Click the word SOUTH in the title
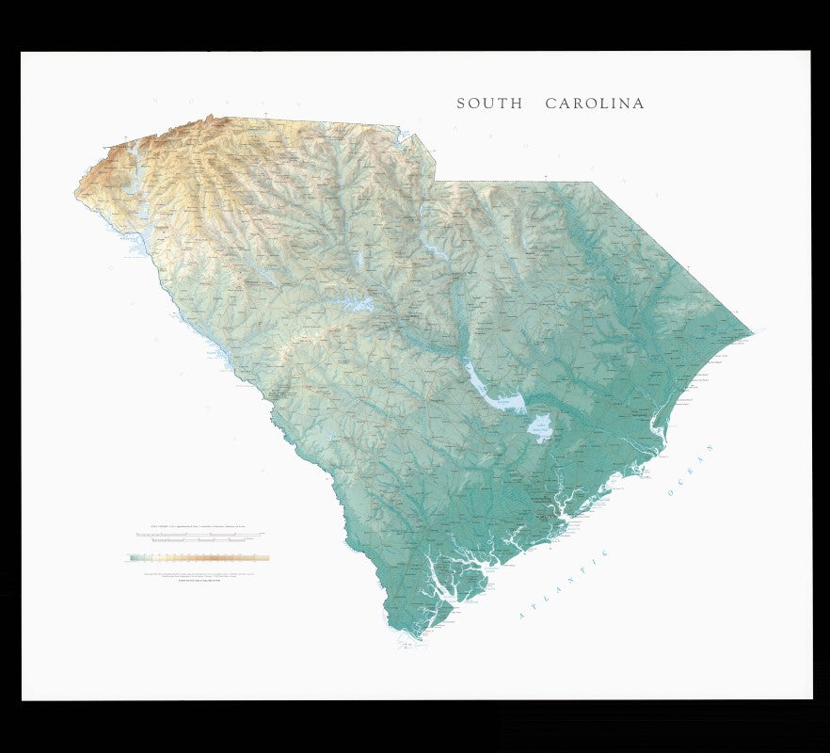pyautogui.click(x=489, y=104)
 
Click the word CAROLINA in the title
pyautogui.click(x=595, y=104)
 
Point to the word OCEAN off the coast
pyautogui.click(x=691, y=471)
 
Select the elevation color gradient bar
pyautogui.click(x=198, y=557)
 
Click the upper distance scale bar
pyautogui.click(x=198, y=534)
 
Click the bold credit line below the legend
pyautogui.click(x=198, y=581)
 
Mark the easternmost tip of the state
pyautogui.click(x=752, y=332)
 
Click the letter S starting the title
pyautogui.click(x=461, y=104)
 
